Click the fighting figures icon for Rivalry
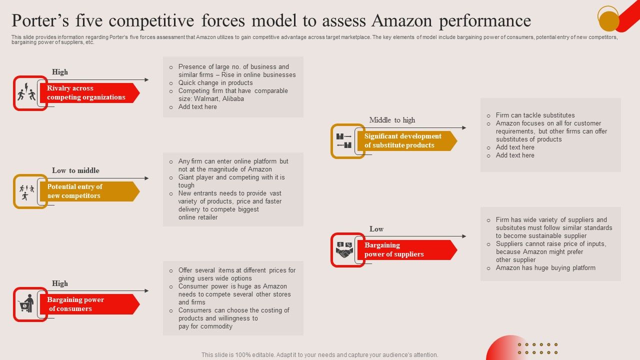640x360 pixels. [x=26, y=93]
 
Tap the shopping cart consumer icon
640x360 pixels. [x=26, y=304]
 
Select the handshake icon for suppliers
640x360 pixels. [x=344, y=250]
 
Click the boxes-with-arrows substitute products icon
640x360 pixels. [x=344, y=141]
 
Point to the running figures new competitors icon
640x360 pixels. [x=26, y=191]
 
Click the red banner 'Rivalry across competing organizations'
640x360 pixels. [x=89, y=93]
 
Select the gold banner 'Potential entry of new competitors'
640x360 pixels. [x=89, y=191]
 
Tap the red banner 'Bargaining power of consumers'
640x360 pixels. [x=89, y=304]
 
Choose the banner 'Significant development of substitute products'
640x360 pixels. [x=405, y=141]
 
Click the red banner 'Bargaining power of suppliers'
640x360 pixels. [x=405, y=250]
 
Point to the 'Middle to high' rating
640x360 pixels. [x=392, y=120]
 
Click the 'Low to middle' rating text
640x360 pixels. [x=75, y=170]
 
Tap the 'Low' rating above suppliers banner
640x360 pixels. [x=376, y=229]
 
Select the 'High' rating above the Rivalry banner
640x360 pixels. [x=60, y=72]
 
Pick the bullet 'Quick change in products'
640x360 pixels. [x=215, y=83]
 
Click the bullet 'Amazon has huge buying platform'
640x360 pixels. [x=545, y=268]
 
